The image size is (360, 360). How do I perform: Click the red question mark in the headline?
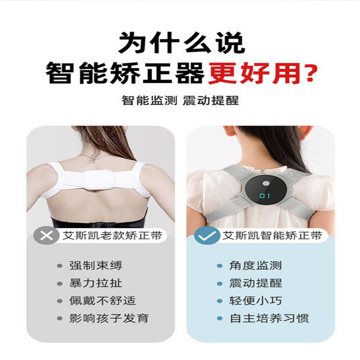click(x=309, y=73)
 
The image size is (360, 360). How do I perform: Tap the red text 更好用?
click(x=253, y=73)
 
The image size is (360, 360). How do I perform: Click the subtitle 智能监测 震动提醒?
click(x=180, y=100)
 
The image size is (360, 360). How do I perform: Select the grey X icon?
click(x=46, y=235)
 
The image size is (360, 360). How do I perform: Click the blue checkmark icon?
click(x=206, y=235)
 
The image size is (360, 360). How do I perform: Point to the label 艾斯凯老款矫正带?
click(x=112, y=236)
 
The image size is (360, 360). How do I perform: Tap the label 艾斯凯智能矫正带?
click(x=272, y=236)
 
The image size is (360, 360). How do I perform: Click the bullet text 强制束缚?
click(x=96, y=265)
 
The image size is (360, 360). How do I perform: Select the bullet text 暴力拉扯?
click(x=96, y=283)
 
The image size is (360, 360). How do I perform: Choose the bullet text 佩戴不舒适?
click(x=102, y=301)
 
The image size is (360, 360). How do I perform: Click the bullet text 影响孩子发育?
click(x=109, y=318)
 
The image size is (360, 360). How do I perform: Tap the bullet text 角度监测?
click(x=255, y=265)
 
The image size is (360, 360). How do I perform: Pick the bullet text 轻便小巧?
click(x=255, y=301)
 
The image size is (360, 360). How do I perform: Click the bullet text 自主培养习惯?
click(x=269, y=318)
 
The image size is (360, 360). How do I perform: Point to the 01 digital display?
click(x=264, y=196)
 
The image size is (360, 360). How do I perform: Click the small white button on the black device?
click(x=266, y=183)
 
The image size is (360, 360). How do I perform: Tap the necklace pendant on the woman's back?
click(x=95, y=161)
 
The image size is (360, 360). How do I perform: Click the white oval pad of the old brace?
click(x=98, y=180)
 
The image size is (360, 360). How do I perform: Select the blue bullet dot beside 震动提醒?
click(x=219, y=283)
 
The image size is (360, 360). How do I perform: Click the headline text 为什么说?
click(x=181, y=43)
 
